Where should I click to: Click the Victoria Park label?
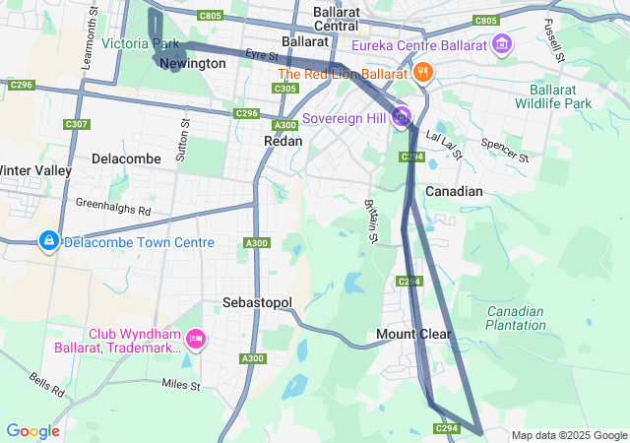140,44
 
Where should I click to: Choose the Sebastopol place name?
258,302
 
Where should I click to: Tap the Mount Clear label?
413,335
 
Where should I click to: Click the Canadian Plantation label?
515,318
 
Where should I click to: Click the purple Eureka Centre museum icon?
503,44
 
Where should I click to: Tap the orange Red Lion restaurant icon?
422,72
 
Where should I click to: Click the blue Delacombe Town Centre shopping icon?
48,241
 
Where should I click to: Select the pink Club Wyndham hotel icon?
196,341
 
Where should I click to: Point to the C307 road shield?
75,124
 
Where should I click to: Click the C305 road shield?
285,89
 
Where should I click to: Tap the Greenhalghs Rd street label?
113,207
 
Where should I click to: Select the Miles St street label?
181,384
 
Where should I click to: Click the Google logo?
32,431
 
